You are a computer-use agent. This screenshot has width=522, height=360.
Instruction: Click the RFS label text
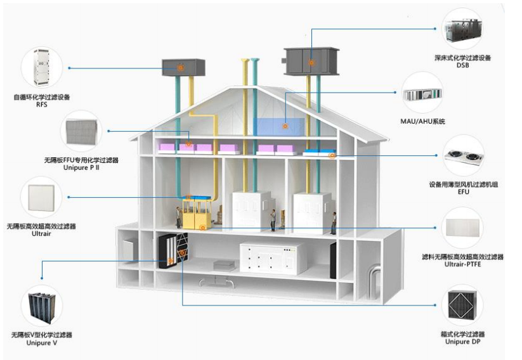[42, 105]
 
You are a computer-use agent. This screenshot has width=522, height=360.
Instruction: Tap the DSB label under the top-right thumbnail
[463, 65]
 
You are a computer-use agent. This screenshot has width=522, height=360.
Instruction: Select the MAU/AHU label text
[422, 122]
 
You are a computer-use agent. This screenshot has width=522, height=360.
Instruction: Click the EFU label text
[463, 192]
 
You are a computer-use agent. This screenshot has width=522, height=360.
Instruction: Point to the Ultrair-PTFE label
[463, 264]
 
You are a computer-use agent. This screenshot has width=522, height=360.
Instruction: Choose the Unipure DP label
[463, 342]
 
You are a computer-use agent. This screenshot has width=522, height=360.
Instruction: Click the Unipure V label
[42, 343]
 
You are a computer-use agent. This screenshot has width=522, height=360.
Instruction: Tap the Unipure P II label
[81, 168]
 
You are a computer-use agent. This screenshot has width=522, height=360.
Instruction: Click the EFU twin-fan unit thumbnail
[464, 157]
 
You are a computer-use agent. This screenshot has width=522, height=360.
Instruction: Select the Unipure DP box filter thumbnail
[462, 305]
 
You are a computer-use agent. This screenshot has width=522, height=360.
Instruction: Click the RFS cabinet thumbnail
[42, 67]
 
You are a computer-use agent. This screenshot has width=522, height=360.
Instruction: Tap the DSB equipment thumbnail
[462, 29]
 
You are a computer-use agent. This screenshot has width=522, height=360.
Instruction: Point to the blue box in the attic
[278, 127]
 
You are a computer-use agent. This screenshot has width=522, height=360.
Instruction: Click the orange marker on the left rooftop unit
[180, 68]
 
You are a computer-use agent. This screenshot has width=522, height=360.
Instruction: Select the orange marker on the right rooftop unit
[311, 63]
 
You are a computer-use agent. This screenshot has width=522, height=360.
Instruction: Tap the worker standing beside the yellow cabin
[178, 217]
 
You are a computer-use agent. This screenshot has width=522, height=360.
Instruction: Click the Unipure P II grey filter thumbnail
[81, 131]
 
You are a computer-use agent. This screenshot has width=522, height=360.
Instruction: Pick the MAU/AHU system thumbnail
[422, 94]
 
